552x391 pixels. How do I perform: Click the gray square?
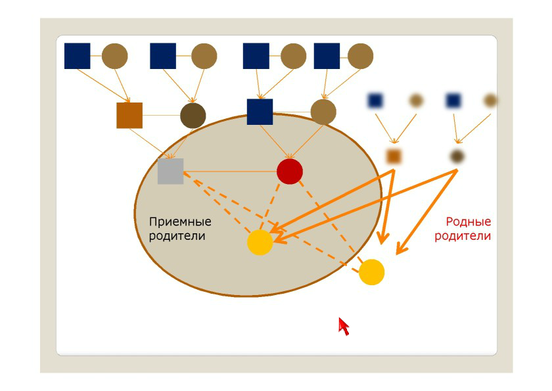point(170,172)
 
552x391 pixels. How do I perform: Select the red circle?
point(290,172)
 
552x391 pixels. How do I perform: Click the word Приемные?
point(180,221)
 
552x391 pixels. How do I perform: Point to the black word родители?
point(177,235)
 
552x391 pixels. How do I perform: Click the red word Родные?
point(468,222)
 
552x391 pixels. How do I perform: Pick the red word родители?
point(463,236)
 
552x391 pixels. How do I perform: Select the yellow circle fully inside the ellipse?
point(260,242)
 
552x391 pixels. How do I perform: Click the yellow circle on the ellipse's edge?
point(371,272)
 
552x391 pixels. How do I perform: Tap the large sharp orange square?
point(129,116)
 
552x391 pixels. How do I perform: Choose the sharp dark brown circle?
point(193,116)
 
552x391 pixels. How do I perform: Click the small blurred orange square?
point(394,156)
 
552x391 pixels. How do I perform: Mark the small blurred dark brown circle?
point(457,156)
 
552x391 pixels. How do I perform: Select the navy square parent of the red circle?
point(260,112)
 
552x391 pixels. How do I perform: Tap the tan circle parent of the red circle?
point(323,112)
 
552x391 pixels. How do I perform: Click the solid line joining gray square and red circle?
point(230,172)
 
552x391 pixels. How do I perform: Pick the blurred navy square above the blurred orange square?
point(375,101)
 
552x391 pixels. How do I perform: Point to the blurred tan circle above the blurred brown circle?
point(490,101)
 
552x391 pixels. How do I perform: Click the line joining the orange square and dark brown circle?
point(161,116)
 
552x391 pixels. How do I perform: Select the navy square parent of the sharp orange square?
point(78,56)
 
